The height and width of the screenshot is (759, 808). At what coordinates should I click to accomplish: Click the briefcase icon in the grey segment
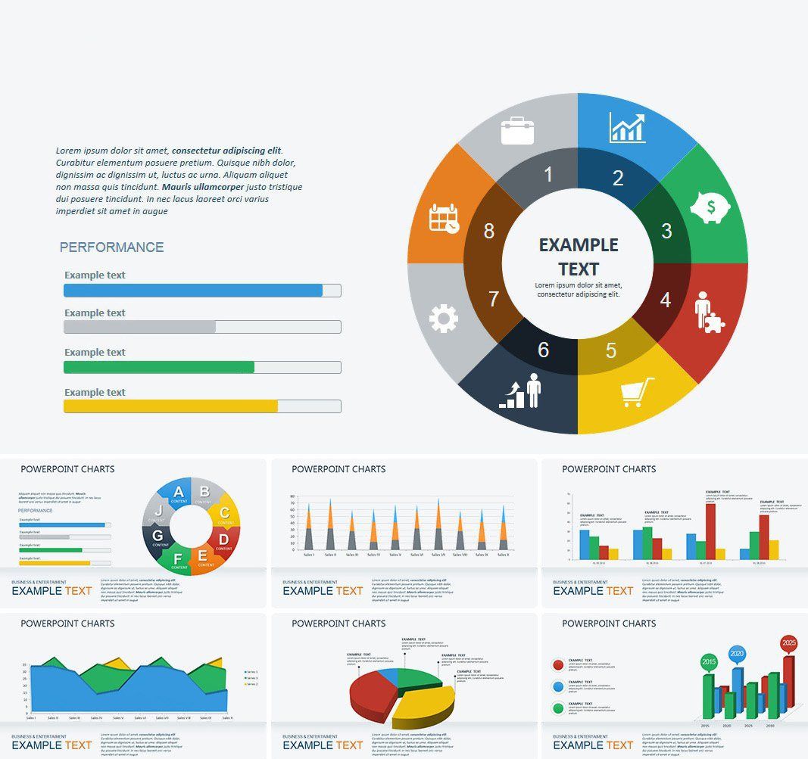click(517, 130)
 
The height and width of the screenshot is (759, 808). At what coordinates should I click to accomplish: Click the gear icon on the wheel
click(444, 319)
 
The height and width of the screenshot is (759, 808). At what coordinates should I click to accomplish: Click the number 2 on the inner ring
click(618, 179)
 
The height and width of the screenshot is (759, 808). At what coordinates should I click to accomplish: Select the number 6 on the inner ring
click(543, 350)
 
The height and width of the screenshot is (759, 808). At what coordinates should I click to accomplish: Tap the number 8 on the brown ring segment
click(489, 232)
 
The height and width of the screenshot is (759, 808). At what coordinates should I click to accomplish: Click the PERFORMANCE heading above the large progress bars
click(111, 247)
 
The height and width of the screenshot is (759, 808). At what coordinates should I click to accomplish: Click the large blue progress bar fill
click(193, 291)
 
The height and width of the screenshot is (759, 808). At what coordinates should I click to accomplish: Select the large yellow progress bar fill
click(170, 406)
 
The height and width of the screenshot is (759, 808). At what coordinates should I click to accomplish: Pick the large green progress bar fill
click(159, 367)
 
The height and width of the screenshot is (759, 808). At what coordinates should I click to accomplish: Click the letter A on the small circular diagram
click(179, 493)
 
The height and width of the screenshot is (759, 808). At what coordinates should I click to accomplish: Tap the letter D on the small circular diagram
click(224, 540)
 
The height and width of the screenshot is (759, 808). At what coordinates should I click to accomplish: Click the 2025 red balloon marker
click(789, 644)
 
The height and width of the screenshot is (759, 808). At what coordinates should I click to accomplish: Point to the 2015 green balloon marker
click(709, 661)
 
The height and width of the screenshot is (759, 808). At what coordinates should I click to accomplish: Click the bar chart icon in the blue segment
click(627, 128)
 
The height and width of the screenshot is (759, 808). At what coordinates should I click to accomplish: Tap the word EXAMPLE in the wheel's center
click(579, 245)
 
